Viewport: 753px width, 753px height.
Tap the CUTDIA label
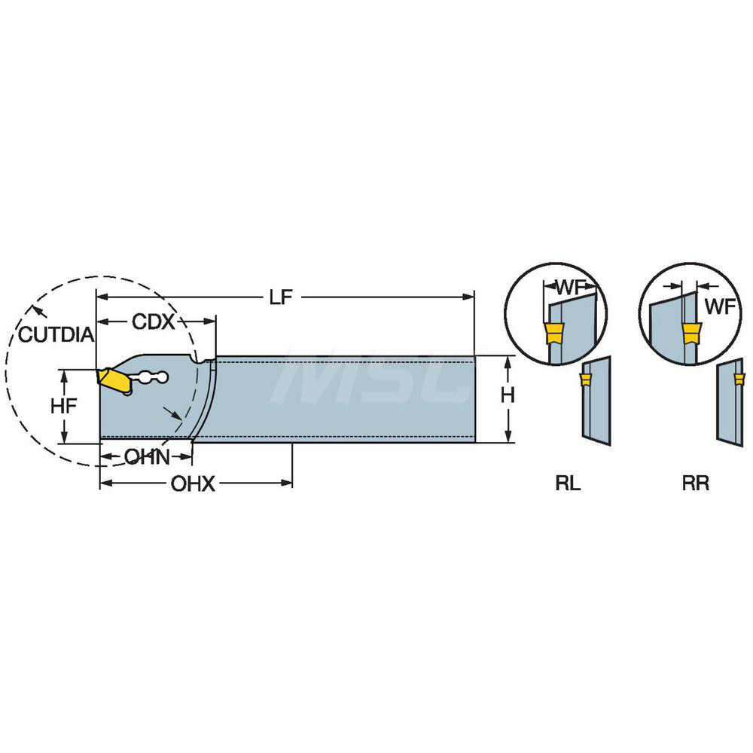click(x=56, y=334)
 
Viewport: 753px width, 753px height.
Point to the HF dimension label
click(x=65, y=406)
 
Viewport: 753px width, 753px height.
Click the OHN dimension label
click(x=146, y=456)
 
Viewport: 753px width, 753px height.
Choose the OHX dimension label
click(x=193, y=484)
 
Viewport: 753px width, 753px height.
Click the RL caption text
click(x=569, y=484)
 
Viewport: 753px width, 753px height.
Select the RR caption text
click(x=695, y=484)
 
